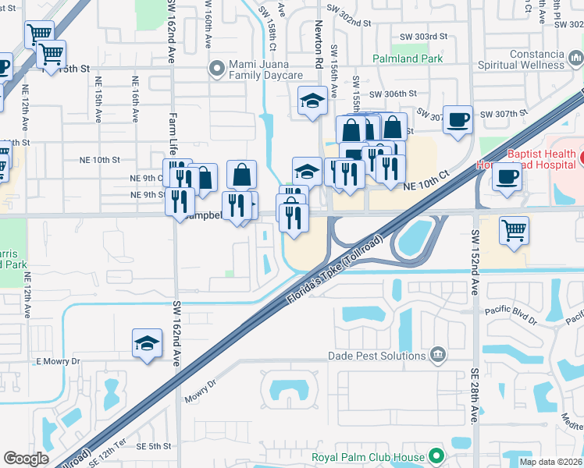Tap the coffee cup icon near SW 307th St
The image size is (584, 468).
[458, 120]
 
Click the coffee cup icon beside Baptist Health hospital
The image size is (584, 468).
[506, 176]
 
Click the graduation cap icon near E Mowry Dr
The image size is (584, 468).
[147, 344]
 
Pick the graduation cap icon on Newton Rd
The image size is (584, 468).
[313, 101]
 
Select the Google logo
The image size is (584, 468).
[27, 459]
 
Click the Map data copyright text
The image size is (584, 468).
[550, 462]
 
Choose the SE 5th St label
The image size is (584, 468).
[153, 446]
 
